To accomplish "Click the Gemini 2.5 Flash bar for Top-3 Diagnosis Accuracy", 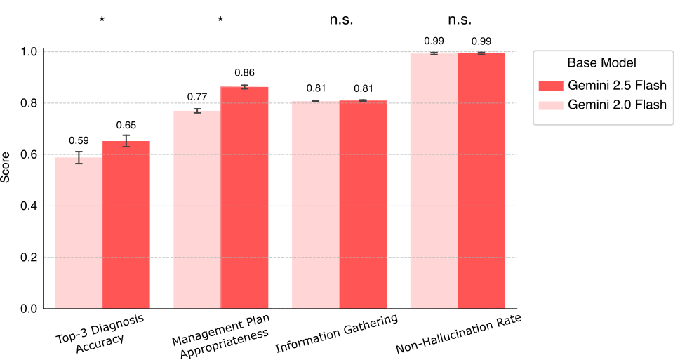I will pyautogui.click(x=126, y=225).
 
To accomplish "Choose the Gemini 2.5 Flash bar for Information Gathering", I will pyautogui.click(x=363, y=204).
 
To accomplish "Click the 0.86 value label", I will pyautogui.click(x=244, y=73).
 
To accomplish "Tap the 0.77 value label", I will pyautogui.click(x=196, y=97).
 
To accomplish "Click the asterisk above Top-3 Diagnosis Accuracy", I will pyautogui.click(x=102, y=20).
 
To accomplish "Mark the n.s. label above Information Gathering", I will pyautogui.click(x=341, y=20).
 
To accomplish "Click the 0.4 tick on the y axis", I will pyautogui.click(x=32, y=206).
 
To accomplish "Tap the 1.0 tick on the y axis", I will pyautogui.click(x=32, y=52).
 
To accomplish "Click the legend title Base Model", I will pyautogui.click(x=602, y=62).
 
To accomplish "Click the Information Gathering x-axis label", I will pyautogui.click(x=337, y=334).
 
